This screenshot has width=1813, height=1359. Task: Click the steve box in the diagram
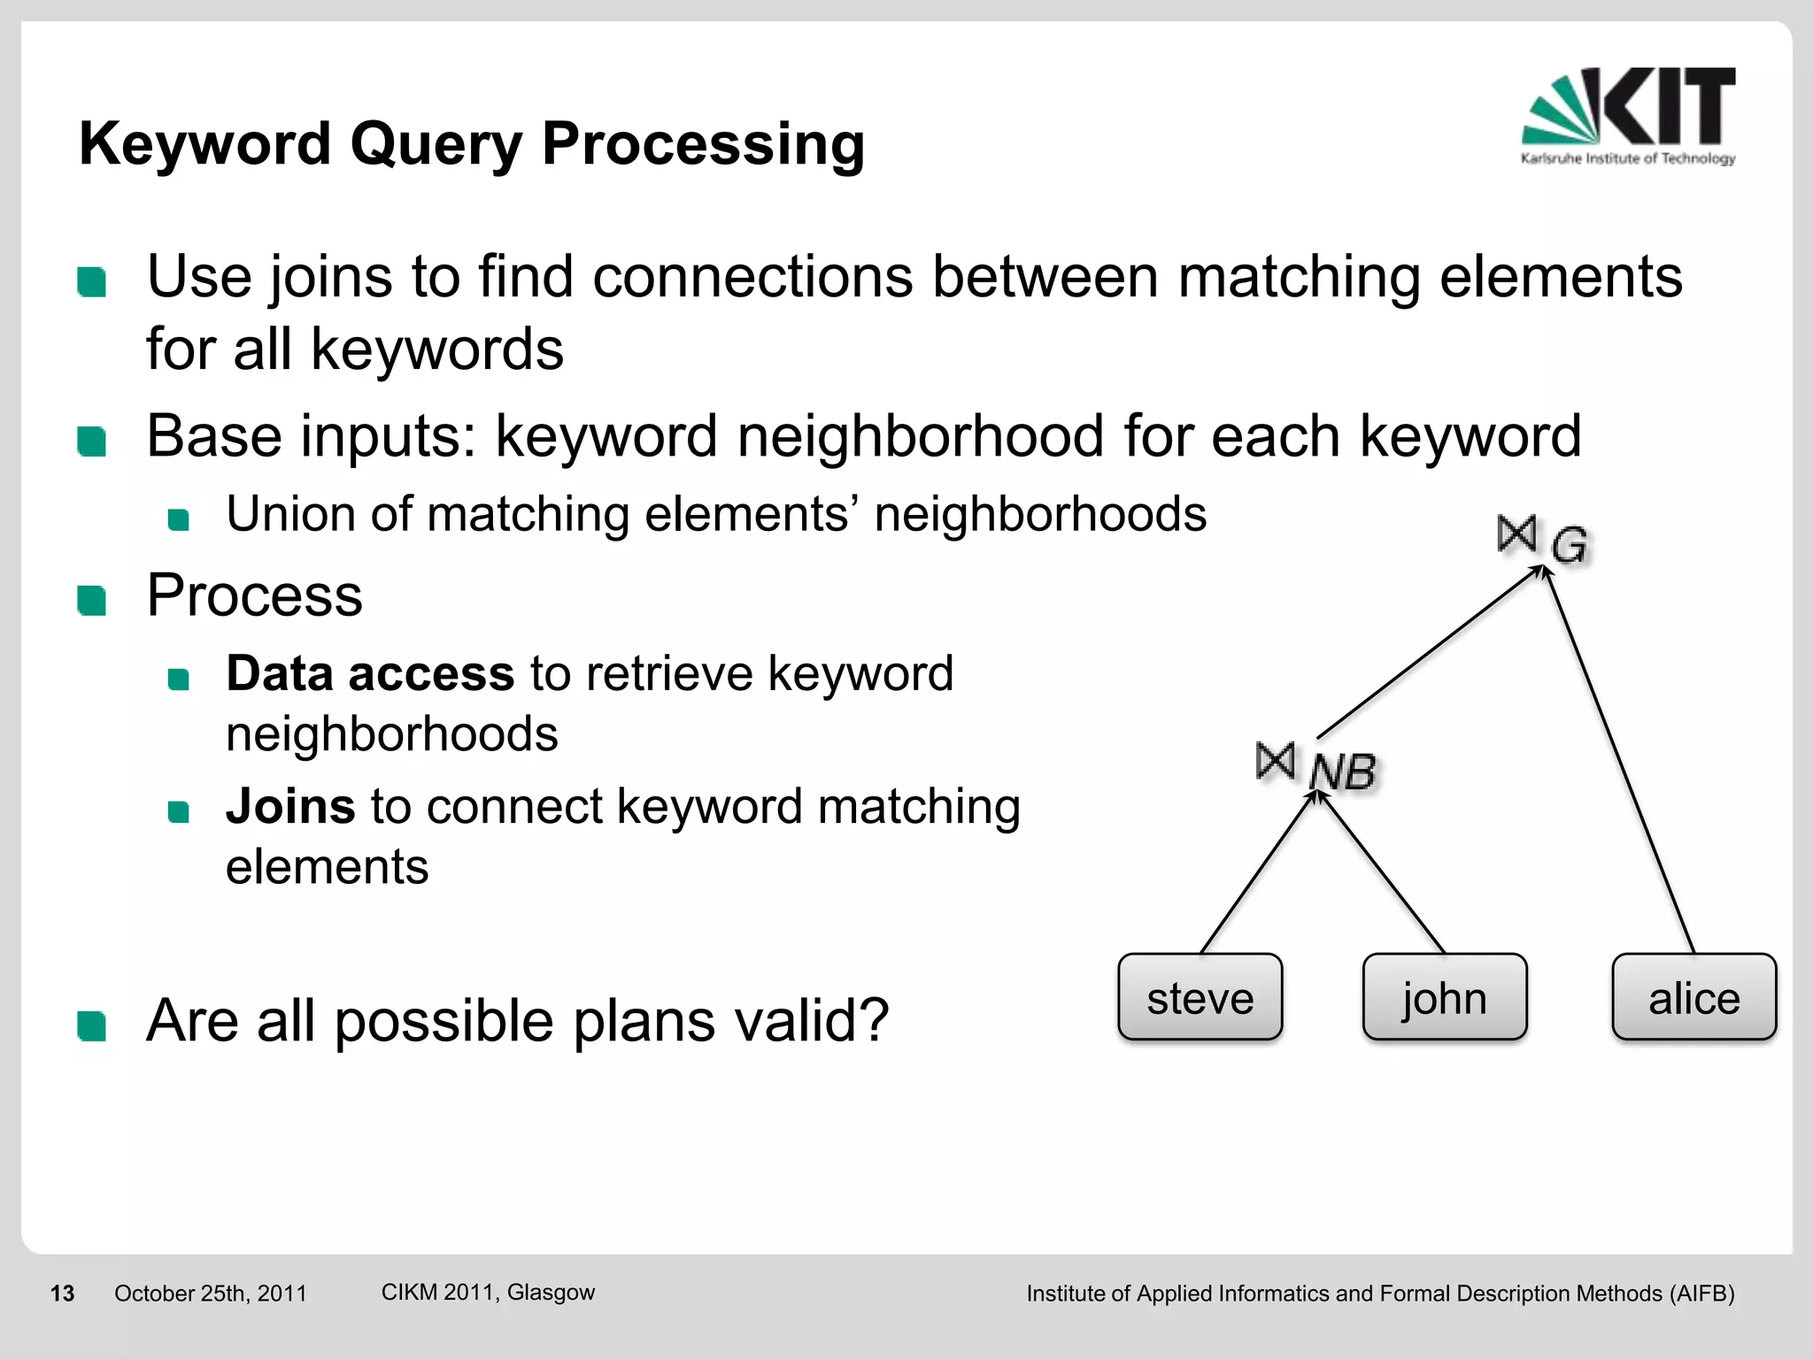tap(1200, 997)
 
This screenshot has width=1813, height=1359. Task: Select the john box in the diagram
tap(1444, 997)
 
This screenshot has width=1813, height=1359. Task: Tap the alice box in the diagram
tap(1693, 997)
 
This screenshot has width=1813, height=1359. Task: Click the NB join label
tap(1342, 772)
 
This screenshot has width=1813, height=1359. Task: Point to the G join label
tap(1570, 544)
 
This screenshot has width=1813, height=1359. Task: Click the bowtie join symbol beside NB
tap(1275, 761)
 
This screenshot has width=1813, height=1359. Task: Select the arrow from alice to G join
tap(1620, 761)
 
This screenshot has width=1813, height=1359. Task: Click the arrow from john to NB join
tap(1381, 871)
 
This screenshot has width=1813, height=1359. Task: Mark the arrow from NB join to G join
tap(1430, 653)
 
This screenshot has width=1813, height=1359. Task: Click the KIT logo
tap(1628, 115)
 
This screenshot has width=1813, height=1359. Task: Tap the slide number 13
tap(62, 1294)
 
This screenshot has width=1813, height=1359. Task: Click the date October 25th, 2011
tap(210, 1294)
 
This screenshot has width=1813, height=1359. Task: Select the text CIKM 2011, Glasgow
tap(488, 1292)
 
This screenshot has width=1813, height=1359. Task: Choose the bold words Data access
tap(369, 673)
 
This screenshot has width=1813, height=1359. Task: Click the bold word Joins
tap(290, 806)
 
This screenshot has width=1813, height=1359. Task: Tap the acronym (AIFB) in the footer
tap(1701, 1294)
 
